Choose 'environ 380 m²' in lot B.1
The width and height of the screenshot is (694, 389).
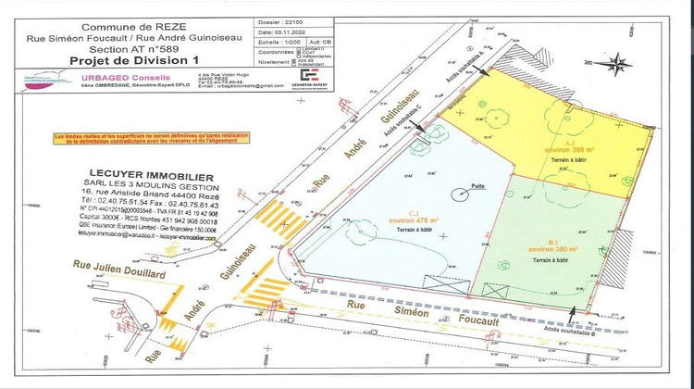(553, 249)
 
